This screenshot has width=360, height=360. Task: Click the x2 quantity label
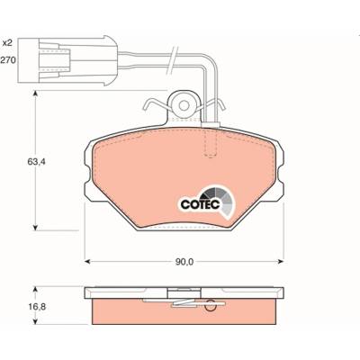[x=7, y=43]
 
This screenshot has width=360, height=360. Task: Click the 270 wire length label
[x=7, y=60]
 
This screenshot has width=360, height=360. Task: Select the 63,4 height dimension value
[x=36, y=162]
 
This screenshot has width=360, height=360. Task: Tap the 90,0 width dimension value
[x=184, y=262]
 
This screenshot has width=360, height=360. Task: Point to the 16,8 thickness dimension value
[x=35, y=307]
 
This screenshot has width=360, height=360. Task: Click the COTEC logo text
[x=200, y=204]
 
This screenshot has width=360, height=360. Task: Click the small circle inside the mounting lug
[x=184, y=105]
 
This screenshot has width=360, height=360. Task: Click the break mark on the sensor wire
[x=173, y=60]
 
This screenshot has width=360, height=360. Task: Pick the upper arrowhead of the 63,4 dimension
[x=35, y=94]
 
